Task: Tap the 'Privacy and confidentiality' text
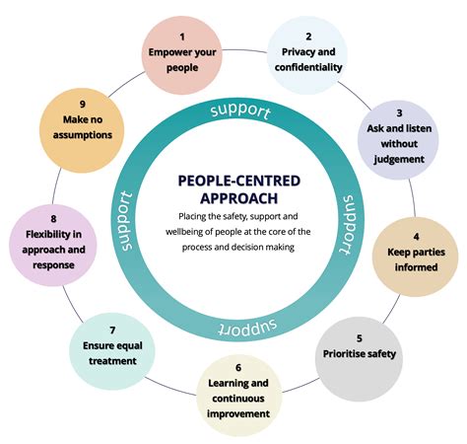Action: [x=310, y=61]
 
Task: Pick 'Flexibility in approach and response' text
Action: [x=49, y=242]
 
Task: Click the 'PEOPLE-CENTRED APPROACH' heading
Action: [x=233, y=188]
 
